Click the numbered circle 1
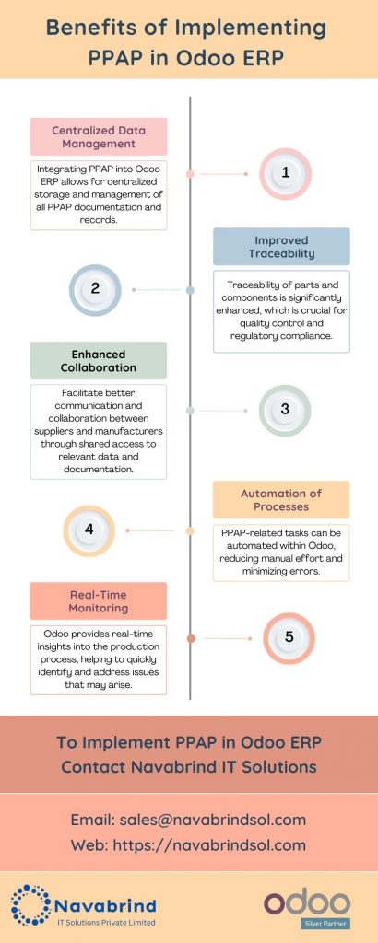point(285,172)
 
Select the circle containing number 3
point(285,410)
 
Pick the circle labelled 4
point(89,530)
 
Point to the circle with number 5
point(289,637)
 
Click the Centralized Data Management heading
point(98,135)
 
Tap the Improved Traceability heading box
point(281,246)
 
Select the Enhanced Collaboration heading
point(98,360)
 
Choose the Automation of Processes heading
point(281,499)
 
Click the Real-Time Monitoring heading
point(98,600)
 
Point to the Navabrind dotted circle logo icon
point(30,904)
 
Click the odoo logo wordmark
point(307,902)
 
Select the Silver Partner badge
point(307,924)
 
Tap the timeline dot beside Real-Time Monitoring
point(190,638)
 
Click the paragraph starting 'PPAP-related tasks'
point(281,552)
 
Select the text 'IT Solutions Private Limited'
point(104,922)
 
